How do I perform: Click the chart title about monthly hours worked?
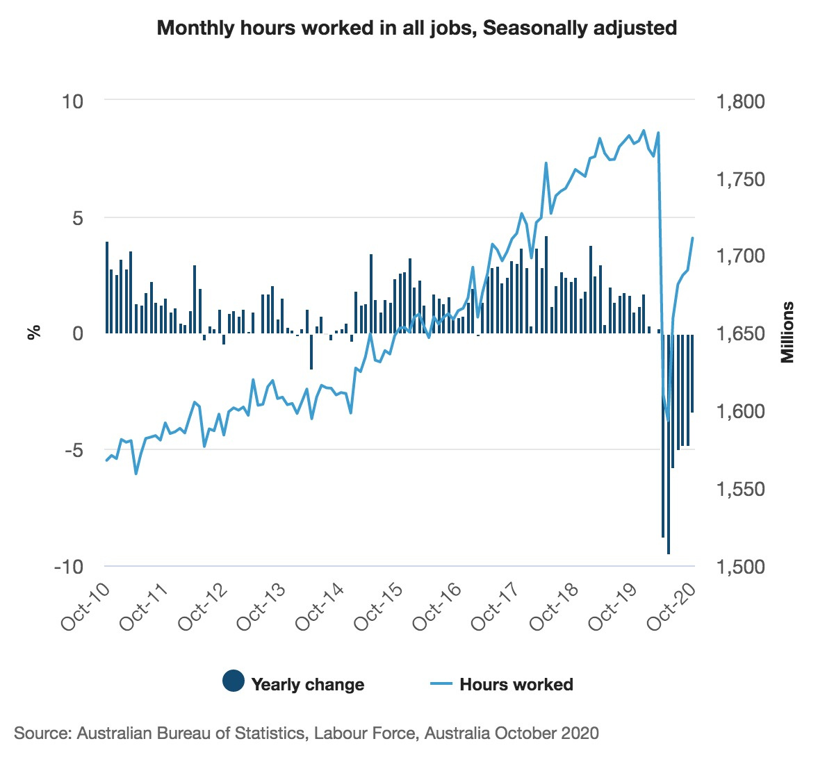(x=416, y=28)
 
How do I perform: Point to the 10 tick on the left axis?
(x=72, y=101)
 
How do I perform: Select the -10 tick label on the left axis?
(x=68, y=567)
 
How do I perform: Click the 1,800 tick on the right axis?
(x=739, y=101)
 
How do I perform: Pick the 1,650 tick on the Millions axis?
(x=739, y=334)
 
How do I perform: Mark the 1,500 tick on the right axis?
(x=739, y=567)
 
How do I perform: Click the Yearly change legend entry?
(x=307, y=684)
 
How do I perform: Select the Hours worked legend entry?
(x=516, y=684)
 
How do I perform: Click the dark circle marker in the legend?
(x=234, y=681)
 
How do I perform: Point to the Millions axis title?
(x=787, y=333)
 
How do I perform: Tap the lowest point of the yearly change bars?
(x=669, y=553)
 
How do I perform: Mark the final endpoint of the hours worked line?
(x=693, y=238)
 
